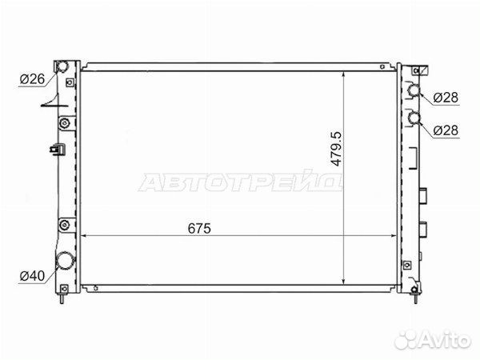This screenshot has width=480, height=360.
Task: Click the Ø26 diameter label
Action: pos(32,79)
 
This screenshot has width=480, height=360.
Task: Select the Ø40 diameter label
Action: pos(32,276)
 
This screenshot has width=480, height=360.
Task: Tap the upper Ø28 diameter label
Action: pos(446,98)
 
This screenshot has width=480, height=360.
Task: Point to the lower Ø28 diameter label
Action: pos(446,130)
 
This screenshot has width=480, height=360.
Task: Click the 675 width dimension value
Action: pos(199,228)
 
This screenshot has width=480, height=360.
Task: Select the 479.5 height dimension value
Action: pos(336,149)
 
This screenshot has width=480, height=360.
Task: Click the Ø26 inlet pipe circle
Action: pos(62,66)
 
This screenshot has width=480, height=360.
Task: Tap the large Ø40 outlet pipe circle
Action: pos(65,260)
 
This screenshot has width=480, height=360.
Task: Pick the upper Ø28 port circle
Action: pos(414,90)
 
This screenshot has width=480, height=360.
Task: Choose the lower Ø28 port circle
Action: pos(414,118)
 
